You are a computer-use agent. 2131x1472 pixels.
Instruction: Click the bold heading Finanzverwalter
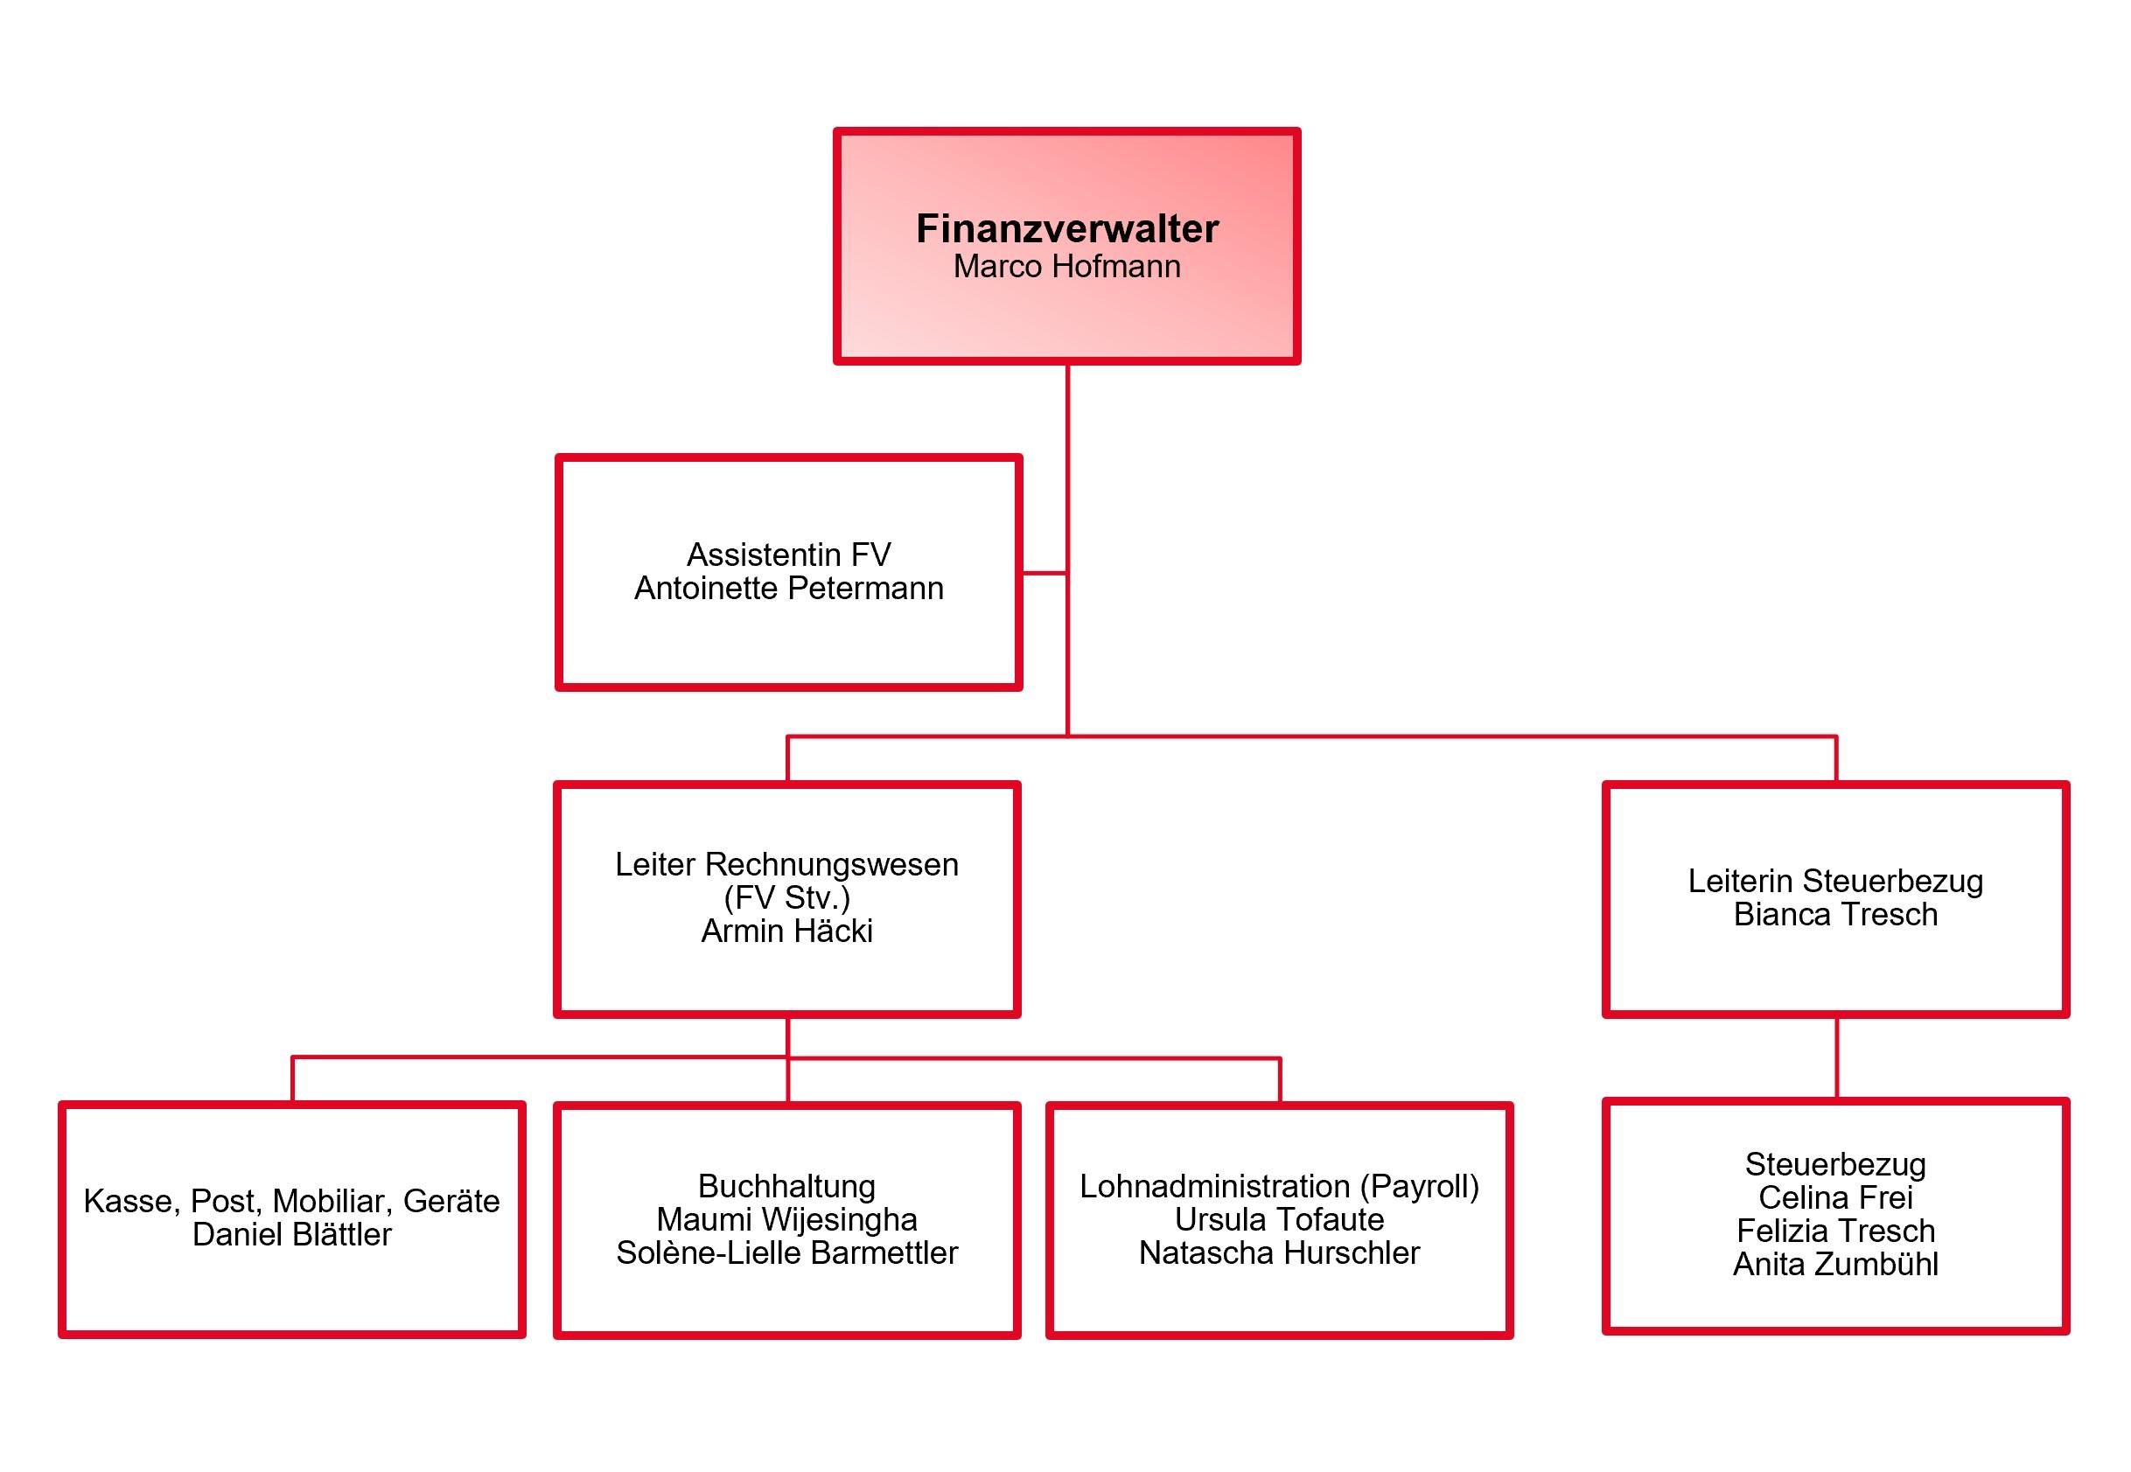click(x=1066, y=229)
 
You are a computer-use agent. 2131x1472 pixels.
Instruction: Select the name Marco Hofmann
click(x=1066, y=267)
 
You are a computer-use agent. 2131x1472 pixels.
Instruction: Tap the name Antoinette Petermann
click(x=789, y=589)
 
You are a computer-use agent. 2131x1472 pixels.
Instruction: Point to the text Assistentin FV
click(x=789, y=555)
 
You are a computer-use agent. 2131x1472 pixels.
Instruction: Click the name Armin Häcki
click(x=787, y=931)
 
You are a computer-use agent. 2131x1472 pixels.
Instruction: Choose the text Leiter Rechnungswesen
click(x=787, y=865)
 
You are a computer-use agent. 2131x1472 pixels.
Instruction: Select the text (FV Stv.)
click(x=787, y=897)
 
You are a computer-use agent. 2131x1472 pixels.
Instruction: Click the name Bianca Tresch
click(x=1836, y=914)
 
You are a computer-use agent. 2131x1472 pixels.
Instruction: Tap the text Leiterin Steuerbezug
click(x=1836, y=882)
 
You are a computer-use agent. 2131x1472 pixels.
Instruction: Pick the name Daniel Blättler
click(x=291, y=1234)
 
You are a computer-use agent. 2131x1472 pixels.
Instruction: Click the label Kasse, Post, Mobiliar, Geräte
click(x=291, y=1201)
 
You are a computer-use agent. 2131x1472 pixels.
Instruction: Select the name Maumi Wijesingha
click(x=787, y=1219)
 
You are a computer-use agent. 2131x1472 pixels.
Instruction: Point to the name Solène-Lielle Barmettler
click(x=787, y=1252)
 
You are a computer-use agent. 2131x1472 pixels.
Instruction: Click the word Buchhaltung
click(x=787, y=1186)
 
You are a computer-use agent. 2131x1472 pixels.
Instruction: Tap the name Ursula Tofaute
click(x=1279, y=1219)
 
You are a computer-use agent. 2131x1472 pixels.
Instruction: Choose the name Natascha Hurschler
click(x=1279, y=1252)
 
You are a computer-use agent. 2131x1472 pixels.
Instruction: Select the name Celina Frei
click(x=1836, y=1197)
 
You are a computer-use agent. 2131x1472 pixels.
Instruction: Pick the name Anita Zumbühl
click(x=1836, y=1264)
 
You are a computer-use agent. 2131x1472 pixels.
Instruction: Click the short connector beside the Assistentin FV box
click(x=1045, y=573)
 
